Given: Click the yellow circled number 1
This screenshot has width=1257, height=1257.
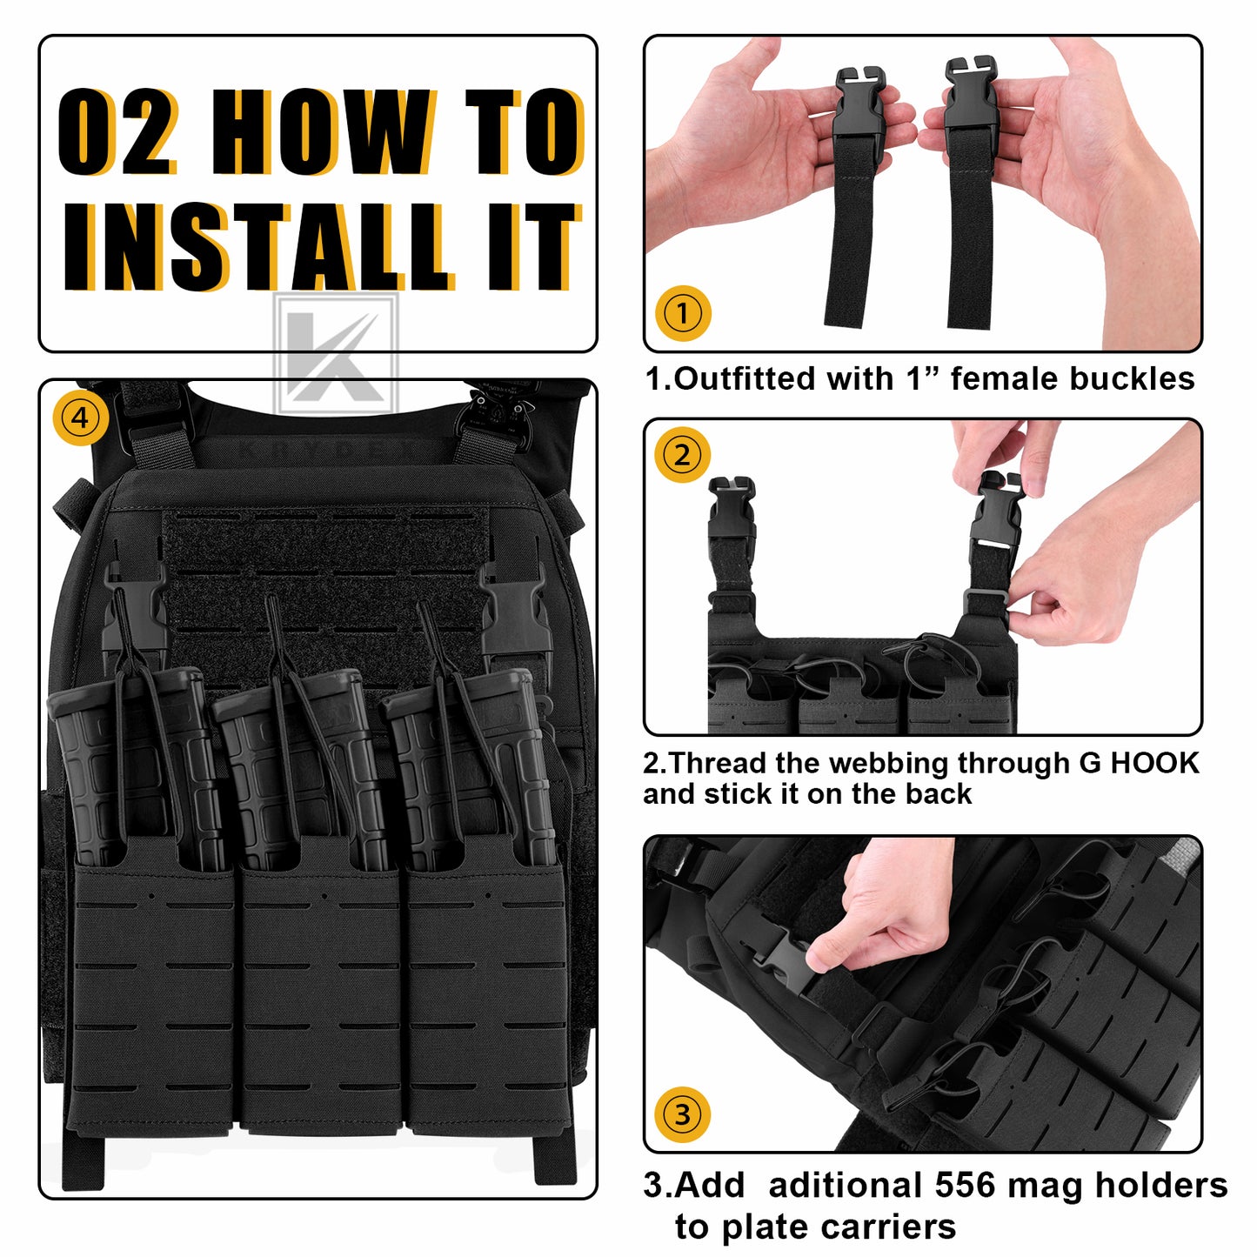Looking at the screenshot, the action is pyautogui.click(x=683, y=313).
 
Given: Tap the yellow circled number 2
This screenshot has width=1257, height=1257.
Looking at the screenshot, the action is pyautogui.click(x=682, y=455).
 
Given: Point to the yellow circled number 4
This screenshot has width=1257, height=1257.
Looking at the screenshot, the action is pyautogui.click(x=80, y=418).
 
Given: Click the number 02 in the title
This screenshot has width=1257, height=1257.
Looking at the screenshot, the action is pyautogui.click(x=118, y=131).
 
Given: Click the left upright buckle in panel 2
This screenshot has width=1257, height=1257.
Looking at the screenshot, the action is pyautogui.click(x=732, y=510).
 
